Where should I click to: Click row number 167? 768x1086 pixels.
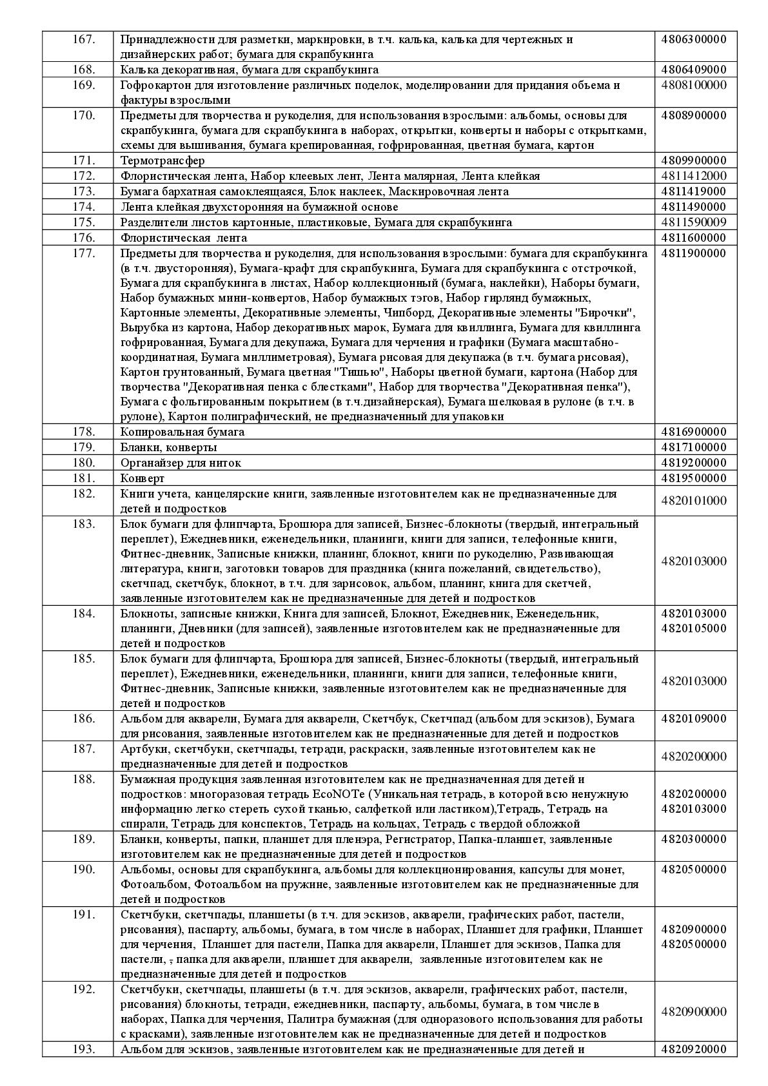(84, 39)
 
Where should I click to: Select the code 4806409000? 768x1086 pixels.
(693, 70)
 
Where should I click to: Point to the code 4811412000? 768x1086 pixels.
(693, 176)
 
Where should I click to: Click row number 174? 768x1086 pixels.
(84, 207)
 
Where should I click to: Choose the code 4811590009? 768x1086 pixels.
(693, 222)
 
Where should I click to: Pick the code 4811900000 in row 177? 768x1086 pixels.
(693, 253)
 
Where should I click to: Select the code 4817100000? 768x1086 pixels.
(693, 447)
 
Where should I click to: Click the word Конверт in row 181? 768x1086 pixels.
(143, 478)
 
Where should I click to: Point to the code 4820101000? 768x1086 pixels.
(693, 501)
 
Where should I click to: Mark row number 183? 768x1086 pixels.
(84, 524)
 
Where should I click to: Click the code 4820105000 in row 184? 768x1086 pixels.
(693, 628)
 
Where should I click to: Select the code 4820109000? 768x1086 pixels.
(693, 719)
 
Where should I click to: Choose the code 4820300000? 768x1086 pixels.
(693, 839)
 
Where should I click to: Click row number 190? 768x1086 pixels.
(84, 869)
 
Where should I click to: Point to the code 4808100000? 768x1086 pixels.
(693, 85)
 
